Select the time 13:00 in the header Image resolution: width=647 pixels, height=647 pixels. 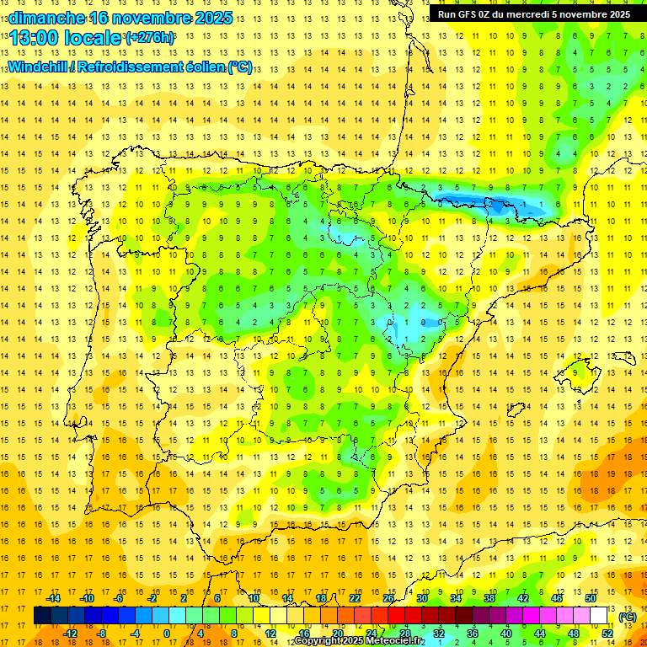point(35,38)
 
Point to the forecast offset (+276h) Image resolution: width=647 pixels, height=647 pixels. point(150,38)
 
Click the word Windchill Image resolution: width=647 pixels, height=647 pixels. point(38,67)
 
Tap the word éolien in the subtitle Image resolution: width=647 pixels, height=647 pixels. point(203,67)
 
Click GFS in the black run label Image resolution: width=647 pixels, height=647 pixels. point(468,14)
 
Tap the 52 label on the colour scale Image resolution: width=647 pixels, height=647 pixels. point(607,633)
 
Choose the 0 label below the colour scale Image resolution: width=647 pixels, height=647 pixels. point(166,633)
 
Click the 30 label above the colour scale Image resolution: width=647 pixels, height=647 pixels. point(422,598)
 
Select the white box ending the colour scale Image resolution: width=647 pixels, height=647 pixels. point(598,616)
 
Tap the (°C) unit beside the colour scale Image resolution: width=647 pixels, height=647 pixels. point(628,617)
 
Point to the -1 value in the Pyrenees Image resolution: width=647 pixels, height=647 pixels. point(523,205)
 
